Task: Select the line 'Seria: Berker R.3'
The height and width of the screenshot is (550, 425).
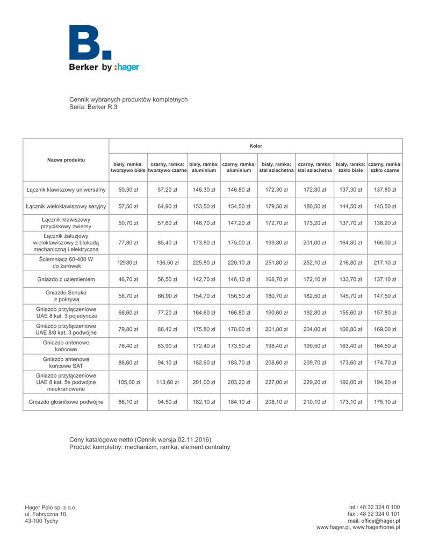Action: [93, 107]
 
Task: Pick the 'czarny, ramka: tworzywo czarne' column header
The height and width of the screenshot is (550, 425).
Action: [167, 160]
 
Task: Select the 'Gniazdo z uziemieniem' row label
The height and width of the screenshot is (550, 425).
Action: [66, 279]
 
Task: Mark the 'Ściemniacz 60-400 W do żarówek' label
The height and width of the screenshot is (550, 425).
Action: [66, 262]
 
